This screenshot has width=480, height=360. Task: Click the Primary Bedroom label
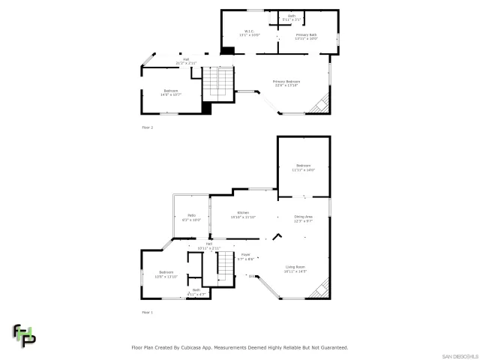point(286,83)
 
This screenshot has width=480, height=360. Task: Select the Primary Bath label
point(305,34)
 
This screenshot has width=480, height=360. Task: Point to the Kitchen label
point(243,214)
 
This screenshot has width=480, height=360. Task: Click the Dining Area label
point(303,218)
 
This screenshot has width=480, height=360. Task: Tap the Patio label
point(191,217)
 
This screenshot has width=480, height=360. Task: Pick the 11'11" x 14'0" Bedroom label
point(303,167)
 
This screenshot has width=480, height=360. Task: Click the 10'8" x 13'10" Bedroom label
point(165,274)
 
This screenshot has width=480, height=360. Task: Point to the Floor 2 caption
point(147,127)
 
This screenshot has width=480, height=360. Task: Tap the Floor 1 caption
point(147,312)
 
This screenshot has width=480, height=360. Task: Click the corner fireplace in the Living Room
point(321,289)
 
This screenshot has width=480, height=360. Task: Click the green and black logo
point(23,335)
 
